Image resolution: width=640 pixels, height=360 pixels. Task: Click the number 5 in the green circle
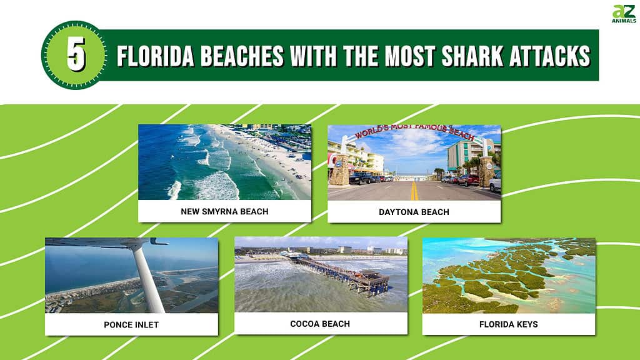click(75, 55)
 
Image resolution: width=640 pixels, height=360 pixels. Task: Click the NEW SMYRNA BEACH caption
click(224, 211)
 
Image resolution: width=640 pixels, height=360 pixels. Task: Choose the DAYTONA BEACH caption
click(414, 212)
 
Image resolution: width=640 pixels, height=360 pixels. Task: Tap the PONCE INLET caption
click(131, 324)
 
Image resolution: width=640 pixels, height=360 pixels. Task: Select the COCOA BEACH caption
click(320, 324)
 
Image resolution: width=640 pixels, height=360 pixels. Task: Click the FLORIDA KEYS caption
click(509, 324)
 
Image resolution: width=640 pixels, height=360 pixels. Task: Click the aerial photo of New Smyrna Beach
click(224, 162)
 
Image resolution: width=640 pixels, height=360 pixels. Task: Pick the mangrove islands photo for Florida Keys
click(509, 275)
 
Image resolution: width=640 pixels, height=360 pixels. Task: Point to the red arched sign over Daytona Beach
click(414, 132)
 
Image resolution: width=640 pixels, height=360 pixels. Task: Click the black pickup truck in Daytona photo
click(361, 178)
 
